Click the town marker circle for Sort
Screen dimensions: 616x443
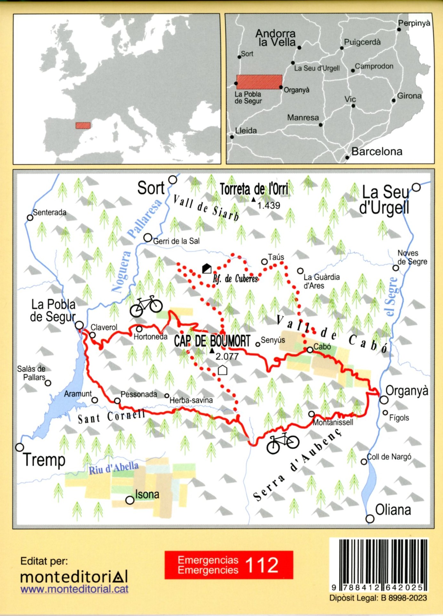pyautogui.click(x=173, y=180)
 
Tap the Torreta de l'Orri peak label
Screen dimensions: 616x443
pyautogui.click(x=254, y=189)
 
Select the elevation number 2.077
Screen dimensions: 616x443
pyautogui.click(x=227, y=356)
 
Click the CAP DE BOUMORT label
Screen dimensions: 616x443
pyautogui.click(x=212, y=341)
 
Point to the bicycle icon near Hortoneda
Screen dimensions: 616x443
pyautogui.click(x=146, y=306)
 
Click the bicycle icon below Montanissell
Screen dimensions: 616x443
pyautogui.click(x=283, y=443)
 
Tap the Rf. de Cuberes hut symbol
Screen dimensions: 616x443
pyautogui.click(x=207, y=268)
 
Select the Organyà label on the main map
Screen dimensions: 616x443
pyautogui.click(x=407, y=391)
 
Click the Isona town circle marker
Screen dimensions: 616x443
pyautogui.click(x=130, y=500)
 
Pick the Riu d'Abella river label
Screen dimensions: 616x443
pyautogui.click(x=114, y=468)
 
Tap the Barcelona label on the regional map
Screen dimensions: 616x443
pyautogui.click(x=377, y=152)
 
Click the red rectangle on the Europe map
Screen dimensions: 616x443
pyautogui.click(x=83, y=126)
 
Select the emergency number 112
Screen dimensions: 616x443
pyautogui.click(x=262, y=565)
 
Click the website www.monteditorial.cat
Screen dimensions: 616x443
pyautogui.click(x=74, y=589)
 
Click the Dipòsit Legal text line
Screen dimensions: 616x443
pyautogui.click(x=378, y=598)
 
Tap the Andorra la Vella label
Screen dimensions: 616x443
pyautogui.click(x=276, y=38)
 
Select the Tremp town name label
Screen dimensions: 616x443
pyautogui.click(x=44, y=460)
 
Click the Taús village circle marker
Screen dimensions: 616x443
pyautogui.click(x=264, y=262)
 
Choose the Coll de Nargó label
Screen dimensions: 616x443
pyautogui.click(x=389, y=457)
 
